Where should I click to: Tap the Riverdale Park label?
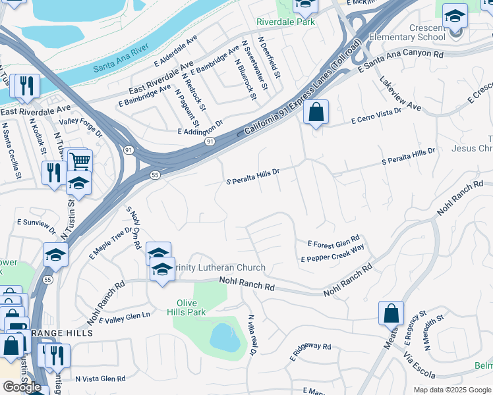pyautogui.click(x=286, y=22)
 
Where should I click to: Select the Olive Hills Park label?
pyautogui.click(x=187, y=307)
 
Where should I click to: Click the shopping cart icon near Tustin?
pyautogui.click(x=79, y=160)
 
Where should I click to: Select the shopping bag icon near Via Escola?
pyautogui.click(x=391, y=313)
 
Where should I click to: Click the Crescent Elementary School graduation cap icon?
pyautogui.click(x=455, y=15)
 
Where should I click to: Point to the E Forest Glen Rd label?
pyautogui.click(x=333, y=242)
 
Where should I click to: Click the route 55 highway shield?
pyautogui.click(x=155, y=176)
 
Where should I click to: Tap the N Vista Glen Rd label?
pyautogui.click(x=100, y=379)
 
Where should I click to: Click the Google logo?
pyautogui.click(x=22, y=387)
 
